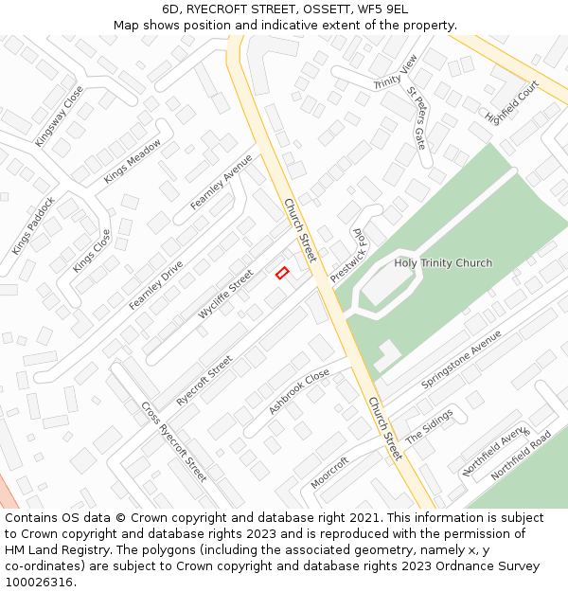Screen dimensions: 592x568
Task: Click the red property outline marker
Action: tap(281, 273)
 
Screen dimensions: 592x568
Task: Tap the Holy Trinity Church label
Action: tap(443, 263)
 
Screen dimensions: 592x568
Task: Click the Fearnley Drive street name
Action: tap(156, 285)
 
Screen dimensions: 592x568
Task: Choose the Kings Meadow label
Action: tap(133, 160)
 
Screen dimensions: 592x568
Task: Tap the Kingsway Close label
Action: tap(59, 116)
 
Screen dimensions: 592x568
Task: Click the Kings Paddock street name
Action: tap(34, 225)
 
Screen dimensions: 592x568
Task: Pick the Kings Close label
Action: tap(92, 250)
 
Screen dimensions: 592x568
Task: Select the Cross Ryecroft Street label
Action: tap(174, 441)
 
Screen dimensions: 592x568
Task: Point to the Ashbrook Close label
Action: tap(298, 390)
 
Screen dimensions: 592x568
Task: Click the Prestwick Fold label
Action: tap(347, 256)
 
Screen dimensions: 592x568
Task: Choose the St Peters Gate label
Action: tap(417, 118)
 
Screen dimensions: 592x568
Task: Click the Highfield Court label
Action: tap(511, 103)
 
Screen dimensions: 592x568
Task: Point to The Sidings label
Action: tap(435, 427)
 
